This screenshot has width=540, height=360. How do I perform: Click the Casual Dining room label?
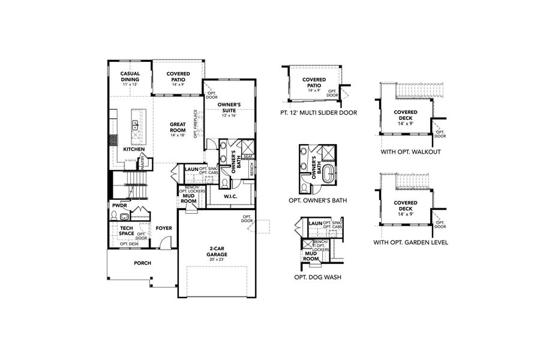pyautogui.click(x=130, y=77)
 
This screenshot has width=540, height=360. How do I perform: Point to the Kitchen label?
pyautogui.click(x=133, y=149)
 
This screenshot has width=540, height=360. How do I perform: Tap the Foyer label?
pyautogui.click(x=164, y=228)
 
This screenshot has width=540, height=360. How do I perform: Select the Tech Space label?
pyautogui.click(x=126, y=231)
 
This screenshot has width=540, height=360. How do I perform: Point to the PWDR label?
pyautogui.click(x=118, y=205)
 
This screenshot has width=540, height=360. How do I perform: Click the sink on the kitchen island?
pyautogui.click(x=135, y=125)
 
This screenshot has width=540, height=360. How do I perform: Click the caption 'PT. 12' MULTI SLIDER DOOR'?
pyautogui.click(x=318, y=112)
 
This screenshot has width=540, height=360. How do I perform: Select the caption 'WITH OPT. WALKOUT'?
pyautogui.click(x=410, y=152)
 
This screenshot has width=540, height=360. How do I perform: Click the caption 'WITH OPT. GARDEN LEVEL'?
pyautogui.click(x=410, y=242)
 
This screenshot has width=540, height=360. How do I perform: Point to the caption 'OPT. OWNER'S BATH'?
pyautogui.click(x=319, y=200)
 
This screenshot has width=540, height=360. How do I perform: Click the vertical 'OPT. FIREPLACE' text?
pyautogui.click(x=196, y=124)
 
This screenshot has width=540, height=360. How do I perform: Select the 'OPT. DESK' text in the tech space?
pyautogui.click(x=128, y=244)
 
